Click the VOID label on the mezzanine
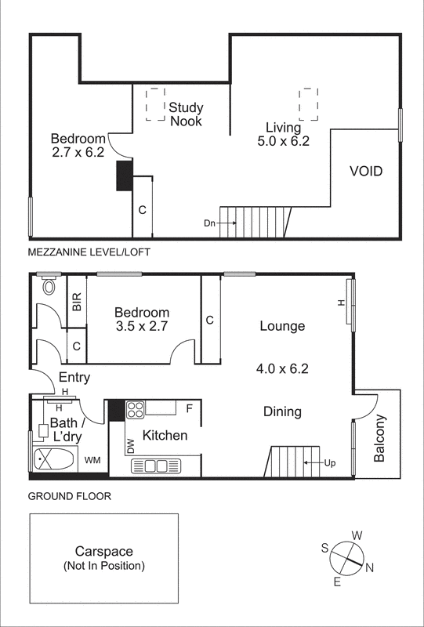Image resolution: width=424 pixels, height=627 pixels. pyautogui.click(x=366, y=170)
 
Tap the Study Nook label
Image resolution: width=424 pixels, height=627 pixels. pyautogui.click(x=186, y=114)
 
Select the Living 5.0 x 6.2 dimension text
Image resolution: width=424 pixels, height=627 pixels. pyautogui.click(x=284, y=141)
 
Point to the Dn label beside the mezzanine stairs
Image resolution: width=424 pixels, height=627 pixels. pyautogui.click(x=209, y=223)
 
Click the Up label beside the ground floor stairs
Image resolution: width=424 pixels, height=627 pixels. pyautogui.click(x=331, y=463)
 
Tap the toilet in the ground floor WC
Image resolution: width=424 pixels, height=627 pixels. pyautogui.click(x=51, y=285)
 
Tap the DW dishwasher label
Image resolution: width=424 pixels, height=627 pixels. pyautogui.click(x=130, y=446)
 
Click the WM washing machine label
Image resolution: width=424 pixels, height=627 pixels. pyautogui.click(x=92, y=459)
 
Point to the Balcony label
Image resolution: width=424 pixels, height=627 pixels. pyautogui.click(x=379, y=438)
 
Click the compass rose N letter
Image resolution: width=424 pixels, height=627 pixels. pyautogui.click(x=371, y=568)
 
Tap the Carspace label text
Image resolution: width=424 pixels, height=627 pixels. pyautogui.click(x=103, y=551)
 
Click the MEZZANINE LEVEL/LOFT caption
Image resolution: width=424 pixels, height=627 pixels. pyautogui.click(x=88, y=252)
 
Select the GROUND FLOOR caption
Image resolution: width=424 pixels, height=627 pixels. pyautogui.click(x=69, y=496)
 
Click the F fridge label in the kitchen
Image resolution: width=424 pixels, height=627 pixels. pyautogui.click(x=189, y=408)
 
